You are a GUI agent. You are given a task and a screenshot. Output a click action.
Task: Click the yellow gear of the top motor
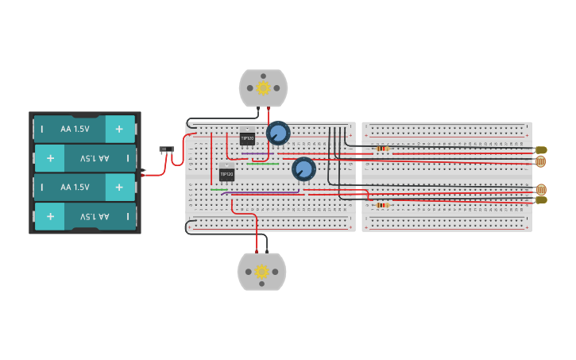click(263, 87)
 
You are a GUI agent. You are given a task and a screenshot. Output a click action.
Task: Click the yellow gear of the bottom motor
click(261, 272)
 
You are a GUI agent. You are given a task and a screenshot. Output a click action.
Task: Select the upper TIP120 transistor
click(247, 138)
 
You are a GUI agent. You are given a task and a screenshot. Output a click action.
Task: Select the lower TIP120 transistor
click(226, 173)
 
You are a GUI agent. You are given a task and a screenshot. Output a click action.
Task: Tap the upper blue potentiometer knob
click(278, 133)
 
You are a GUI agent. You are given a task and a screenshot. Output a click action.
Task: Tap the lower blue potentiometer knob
click(303, 168)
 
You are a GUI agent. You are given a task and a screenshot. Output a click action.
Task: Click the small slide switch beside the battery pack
click(166, 149)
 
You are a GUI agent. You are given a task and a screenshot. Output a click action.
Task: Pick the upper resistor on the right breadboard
click(382, 149)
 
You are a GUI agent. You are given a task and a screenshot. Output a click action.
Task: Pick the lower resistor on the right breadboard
click(382, 205)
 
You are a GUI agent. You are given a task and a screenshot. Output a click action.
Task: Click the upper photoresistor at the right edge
click(540, 162)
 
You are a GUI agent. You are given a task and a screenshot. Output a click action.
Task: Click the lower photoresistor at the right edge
click(540, 189)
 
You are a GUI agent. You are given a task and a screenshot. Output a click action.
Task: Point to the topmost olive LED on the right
click(541, 149)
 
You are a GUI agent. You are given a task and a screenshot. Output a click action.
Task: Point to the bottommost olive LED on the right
click(541, 200)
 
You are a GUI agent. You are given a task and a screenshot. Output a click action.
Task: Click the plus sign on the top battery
click(119, 129)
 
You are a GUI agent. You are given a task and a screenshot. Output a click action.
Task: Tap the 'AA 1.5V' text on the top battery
click(75, 129)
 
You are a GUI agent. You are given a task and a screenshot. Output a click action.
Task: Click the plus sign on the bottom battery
click(50, 217)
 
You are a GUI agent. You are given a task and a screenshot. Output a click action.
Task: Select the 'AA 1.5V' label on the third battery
click(75, 187)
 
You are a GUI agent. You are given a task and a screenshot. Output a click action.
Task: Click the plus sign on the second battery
click(50, 158)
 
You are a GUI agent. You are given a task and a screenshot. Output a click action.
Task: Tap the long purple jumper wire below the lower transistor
click(262, 192)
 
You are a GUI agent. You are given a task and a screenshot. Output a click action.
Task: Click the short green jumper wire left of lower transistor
click(218, 189)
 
